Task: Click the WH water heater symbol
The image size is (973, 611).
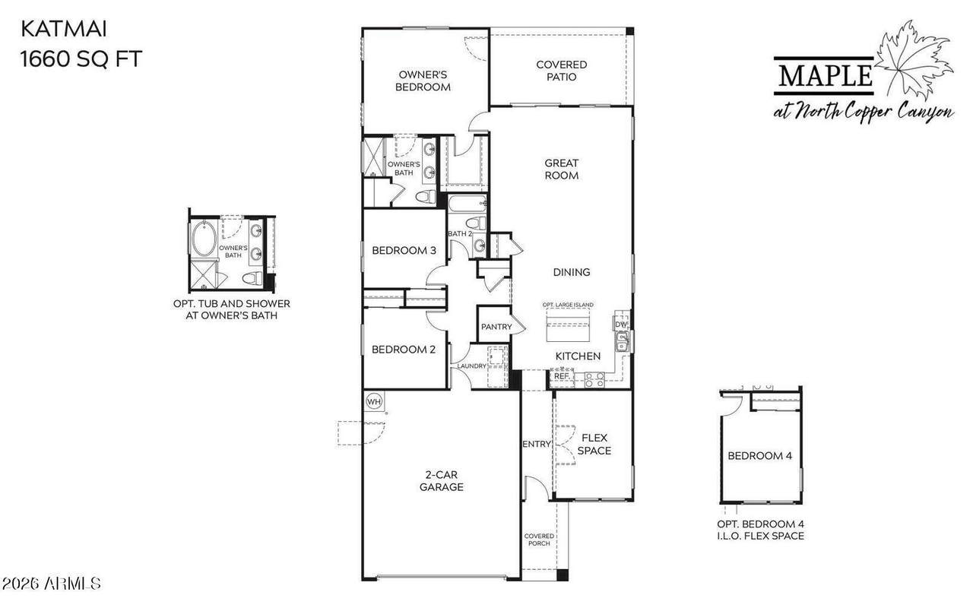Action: tap(374, 401)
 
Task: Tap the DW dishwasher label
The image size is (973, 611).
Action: tap(621, 324)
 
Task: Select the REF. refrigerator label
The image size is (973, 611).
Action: tap(562, 375)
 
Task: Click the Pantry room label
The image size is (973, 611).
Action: tap(496, 327)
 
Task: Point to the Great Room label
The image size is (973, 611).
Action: tap(561, 169)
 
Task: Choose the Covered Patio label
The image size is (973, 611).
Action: tap(561, 71)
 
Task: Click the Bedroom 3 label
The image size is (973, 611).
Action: tap(404, 251)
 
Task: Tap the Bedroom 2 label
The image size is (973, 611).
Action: tap(404, 350)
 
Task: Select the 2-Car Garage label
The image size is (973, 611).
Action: tap(442, 481)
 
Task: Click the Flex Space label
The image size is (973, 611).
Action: tap(594, 445)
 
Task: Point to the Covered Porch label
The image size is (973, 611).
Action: tap(539, 540)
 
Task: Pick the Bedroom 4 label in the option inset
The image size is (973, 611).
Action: tap(759, 456)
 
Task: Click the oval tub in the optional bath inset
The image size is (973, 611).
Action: tap(204, 239)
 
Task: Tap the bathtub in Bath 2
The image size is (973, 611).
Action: tap(467, 203)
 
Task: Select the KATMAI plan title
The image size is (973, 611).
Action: tap(64, 29)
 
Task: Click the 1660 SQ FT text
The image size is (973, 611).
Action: tap(81, 59)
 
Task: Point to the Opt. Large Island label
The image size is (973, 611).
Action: tap(568, 305)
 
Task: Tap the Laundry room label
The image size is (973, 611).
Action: tap(471, 366)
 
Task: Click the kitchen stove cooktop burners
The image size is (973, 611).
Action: tap(594, 379)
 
